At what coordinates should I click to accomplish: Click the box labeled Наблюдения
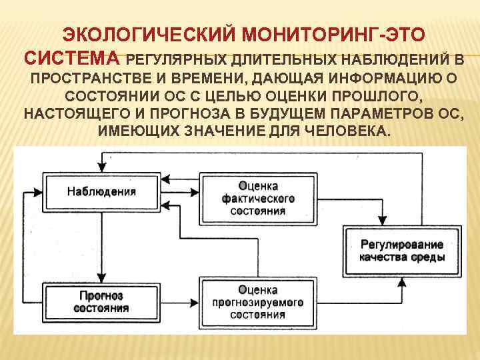pyautogui.click(x=102, y=192)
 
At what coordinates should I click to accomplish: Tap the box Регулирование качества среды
pyautogui.click(x=401, y=249)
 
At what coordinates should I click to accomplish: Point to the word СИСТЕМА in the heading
pyautogui.click(x=71, y=58)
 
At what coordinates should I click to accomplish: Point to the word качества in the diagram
pyautogui.click(x=386, y=257)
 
